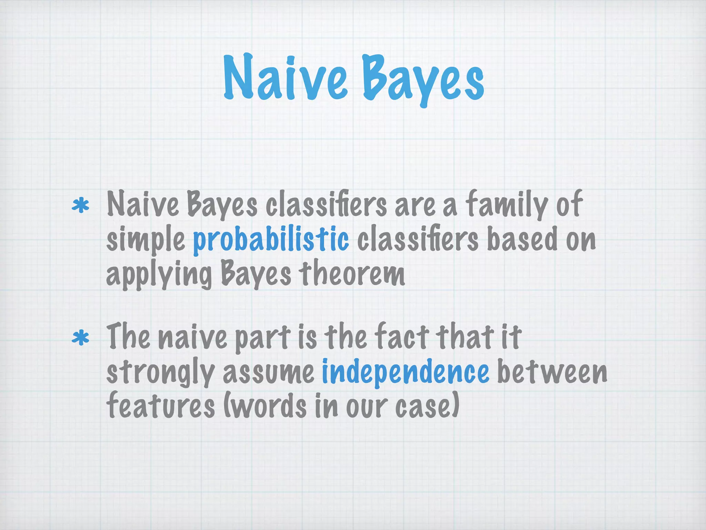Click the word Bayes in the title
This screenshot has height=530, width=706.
(423, 79)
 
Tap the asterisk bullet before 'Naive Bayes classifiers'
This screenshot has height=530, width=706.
(80, 206)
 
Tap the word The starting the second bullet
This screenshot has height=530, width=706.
(128, 337)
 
